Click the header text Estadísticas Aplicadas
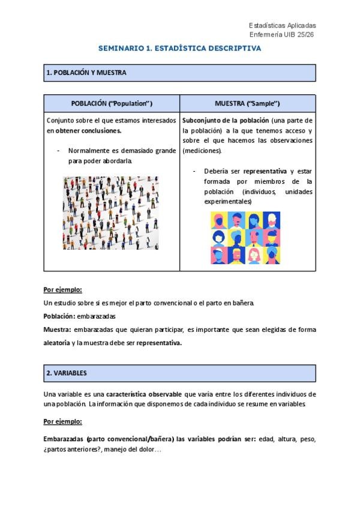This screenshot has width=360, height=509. (282, 25)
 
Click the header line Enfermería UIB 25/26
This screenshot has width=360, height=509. (282, 35)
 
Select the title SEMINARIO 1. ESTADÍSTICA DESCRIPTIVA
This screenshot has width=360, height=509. (180, 48)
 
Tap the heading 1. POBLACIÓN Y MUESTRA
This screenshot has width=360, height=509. (86, 73)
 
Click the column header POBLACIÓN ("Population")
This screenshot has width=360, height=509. (112, 103)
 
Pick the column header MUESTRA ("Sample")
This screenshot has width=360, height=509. (247, 103)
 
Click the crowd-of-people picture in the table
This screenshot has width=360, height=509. (110, 212)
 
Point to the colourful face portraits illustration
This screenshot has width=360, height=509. (245, 238)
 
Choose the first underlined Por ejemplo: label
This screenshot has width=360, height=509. (63, 289)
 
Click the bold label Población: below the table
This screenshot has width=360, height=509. (59, 316)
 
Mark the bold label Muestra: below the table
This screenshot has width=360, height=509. (58, 330)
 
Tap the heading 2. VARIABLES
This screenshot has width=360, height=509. (67, 373)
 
